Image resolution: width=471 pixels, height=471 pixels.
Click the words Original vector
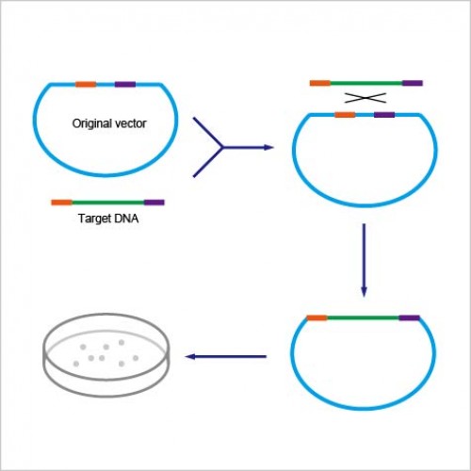[x=109, y=123]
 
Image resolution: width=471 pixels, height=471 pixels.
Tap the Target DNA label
[x=108, y=219]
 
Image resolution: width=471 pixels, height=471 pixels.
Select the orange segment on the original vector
[x=86, y=84]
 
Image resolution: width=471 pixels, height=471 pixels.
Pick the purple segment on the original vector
[x=125, y=84]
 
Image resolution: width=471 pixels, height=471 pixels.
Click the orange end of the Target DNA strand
[x=61, y=203]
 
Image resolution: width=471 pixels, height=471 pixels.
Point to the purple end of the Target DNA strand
[x=154, y=203]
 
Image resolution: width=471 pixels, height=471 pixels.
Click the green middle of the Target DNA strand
[x=108, y=203]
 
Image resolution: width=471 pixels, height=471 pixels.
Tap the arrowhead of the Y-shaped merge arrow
[x=268, y=147]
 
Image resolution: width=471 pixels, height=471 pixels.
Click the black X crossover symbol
[x=365, y=98]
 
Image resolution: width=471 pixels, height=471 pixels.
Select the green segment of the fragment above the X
[x=366, y=83]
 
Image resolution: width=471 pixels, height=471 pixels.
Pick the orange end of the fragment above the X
[x=320, y=83]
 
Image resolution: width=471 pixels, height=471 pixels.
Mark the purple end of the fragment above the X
[x=413, y=83]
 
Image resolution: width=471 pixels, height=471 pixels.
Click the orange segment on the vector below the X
[x=345, y=115]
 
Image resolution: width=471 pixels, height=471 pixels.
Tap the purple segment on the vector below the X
[x=384, y=115]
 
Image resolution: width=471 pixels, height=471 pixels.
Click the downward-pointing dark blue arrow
[x=364, y=260]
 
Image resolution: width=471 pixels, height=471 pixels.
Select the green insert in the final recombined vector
[x=363, y=317]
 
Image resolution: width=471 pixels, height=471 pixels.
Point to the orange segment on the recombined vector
[x=317, y=317]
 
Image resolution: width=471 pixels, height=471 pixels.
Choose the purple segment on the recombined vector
[x=410, y=317]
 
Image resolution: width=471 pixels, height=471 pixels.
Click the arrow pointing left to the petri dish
[x=226, y=356]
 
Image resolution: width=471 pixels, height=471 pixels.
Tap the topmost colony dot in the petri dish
[x=122, y=342]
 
